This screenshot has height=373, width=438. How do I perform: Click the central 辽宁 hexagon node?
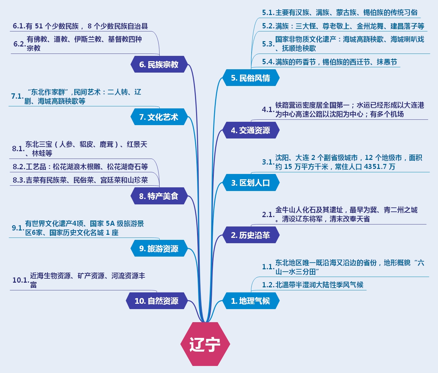(205, 344)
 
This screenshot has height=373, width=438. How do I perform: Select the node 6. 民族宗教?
(159, 65)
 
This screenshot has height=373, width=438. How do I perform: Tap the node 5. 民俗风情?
(251, 78)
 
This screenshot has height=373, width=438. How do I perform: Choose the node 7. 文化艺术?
(159, 117)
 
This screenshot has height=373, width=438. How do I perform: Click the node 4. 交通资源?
(251, 130)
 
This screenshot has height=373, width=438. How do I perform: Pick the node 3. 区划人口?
(251, 183)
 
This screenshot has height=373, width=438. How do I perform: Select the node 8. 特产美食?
(159, 196)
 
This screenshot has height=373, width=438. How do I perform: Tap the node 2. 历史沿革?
(251, 235)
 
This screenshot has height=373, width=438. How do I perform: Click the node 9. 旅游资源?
(159, 249)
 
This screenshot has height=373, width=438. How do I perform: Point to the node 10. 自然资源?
(156, 301)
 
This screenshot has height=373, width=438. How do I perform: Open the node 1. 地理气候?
(251, 301)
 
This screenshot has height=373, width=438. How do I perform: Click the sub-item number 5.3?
(268, 44)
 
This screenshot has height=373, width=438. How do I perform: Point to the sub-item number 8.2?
(19, 167)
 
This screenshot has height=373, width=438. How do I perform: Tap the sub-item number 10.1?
(20, 280)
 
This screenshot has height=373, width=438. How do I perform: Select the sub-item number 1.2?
(268, 285)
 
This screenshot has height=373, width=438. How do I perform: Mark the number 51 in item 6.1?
(39, 26)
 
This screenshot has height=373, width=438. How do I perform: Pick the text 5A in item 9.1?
(110, 223)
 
